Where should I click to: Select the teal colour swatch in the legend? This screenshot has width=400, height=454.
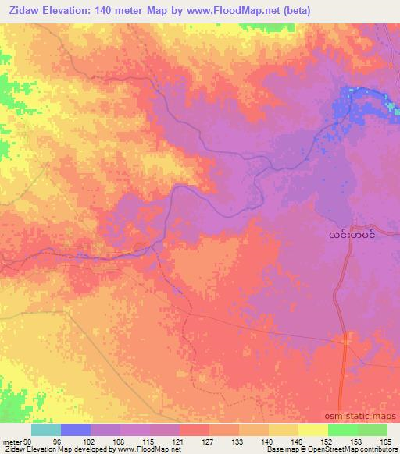point(46,430)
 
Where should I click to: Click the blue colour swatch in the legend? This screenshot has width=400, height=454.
point(76,430)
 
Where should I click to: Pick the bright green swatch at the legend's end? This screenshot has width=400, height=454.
point(372,430)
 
